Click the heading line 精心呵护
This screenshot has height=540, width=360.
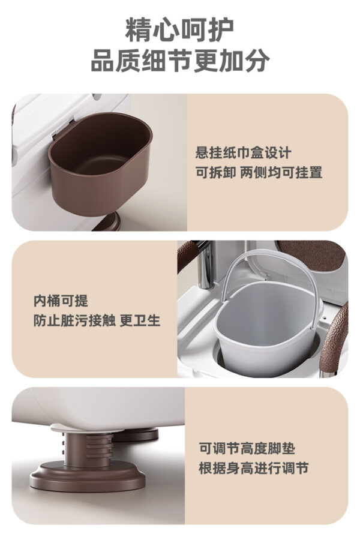[x=179, y=29]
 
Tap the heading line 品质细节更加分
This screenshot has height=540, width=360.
[x=179, y=61]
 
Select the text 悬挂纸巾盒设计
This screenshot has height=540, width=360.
[x=243, y=153]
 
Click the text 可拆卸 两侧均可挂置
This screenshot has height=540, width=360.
[x=259, y=173]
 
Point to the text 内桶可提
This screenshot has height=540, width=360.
[x=60, y=301]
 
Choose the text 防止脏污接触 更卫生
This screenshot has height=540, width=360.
[x=97, y=320]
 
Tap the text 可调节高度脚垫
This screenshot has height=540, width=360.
[x=247, y=448]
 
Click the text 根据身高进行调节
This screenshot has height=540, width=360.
[x=254, y=468]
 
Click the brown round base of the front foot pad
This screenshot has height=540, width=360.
[x=90, y=478]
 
